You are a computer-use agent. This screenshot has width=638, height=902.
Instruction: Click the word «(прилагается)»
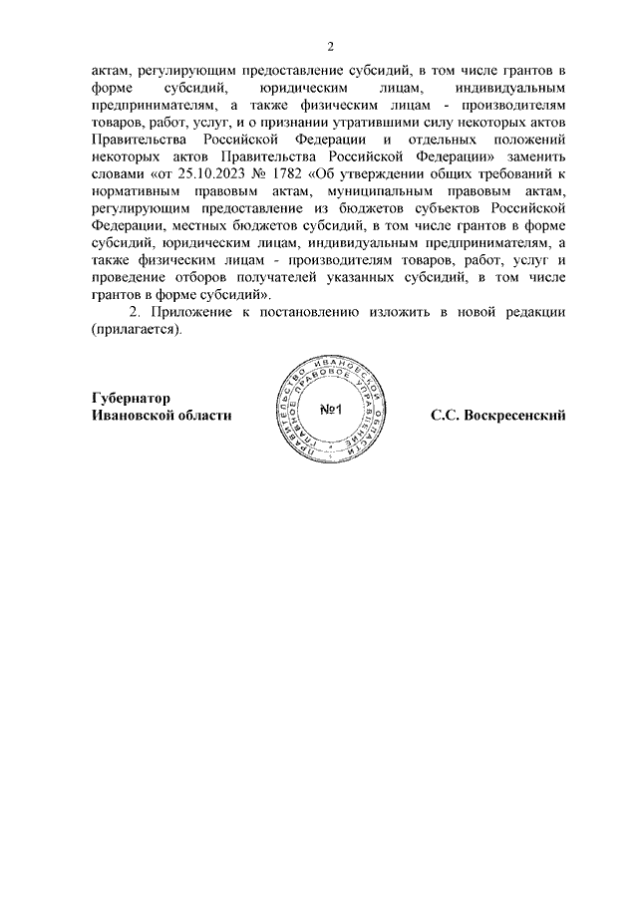tap(138, 329)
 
